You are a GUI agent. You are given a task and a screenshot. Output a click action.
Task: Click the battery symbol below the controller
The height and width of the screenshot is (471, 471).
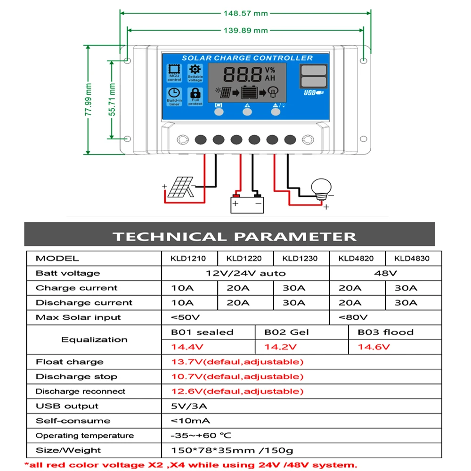tap(246, 203)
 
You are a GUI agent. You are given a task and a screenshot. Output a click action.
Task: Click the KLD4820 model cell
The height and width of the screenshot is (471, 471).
tap(357, 258)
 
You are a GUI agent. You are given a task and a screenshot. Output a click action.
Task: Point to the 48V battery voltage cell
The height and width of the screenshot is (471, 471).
tap(385, 273)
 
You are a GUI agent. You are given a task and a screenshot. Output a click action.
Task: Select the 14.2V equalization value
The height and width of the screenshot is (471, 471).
tap(280, 347)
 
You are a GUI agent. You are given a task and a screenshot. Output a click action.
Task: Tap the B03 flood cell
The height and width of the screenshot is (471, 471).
tap(385, 332)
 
